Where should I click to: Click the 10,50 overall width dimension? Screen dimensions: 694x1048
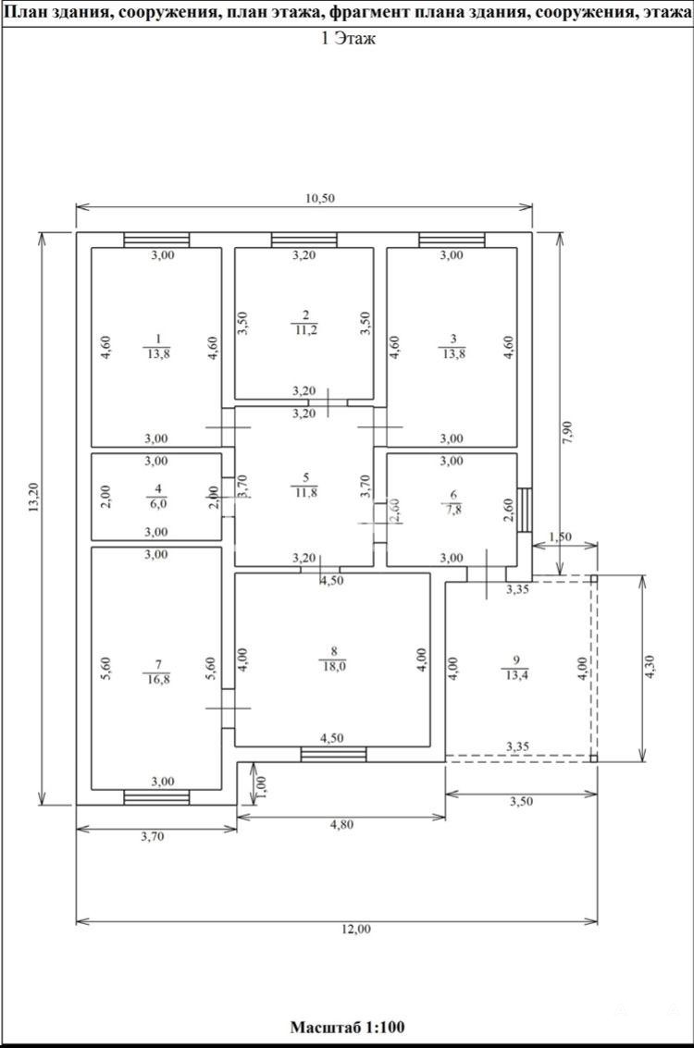319,198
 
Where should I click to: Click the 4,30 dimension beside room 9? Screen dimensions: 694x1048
652,667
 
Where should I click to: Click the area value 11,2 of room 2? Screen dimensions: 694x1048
305,329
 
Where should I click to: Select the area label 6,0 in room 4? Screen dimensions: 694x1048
157,504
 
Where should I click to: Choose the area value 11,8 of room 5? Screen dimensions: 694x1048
305,493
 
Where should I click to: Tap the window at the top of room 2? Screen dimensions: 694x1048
304,240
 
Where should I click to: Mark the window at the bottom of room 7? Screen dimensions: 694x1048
157,797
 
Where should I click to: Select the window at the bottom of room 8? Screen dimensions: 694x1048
334,755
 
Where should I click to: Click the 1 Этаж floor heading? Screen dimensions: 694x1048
349,39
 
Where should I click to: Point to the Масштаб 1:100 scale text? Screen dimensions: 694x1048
347,1027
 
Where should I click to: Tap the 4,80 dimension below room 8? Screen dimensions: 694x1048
341,825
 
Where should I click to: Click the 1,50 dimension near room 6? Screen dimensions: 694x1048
560,536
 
